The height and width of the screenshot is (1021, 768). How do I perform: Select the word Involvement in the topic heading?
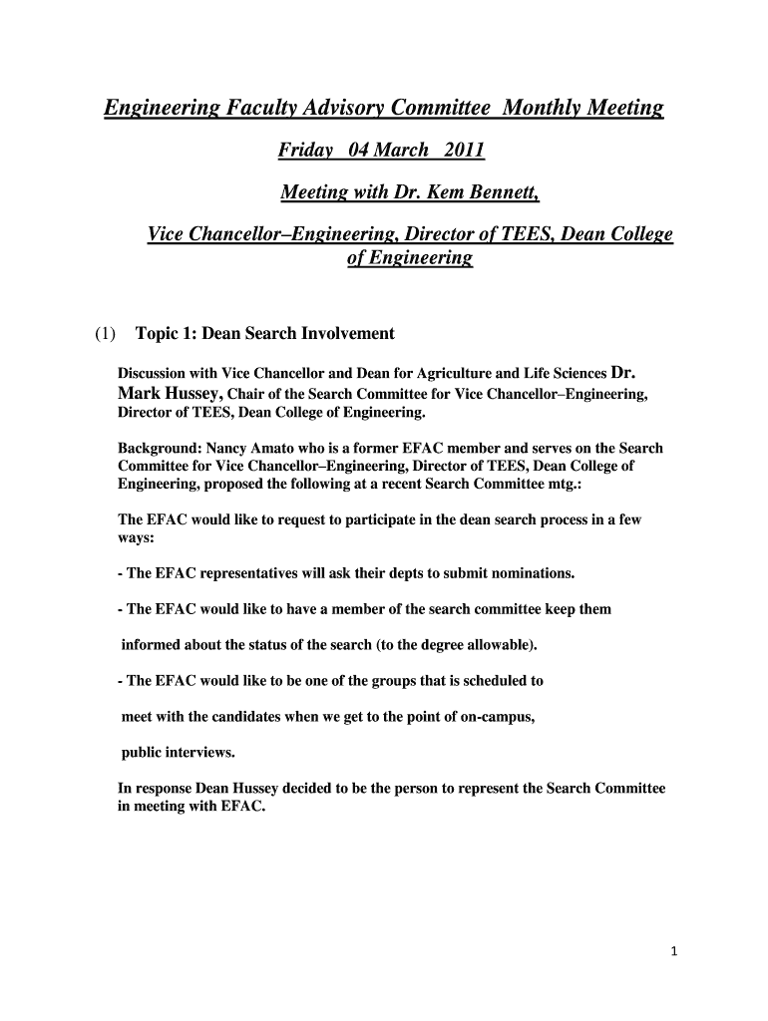pyautogui.click(x=346, y=333)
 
